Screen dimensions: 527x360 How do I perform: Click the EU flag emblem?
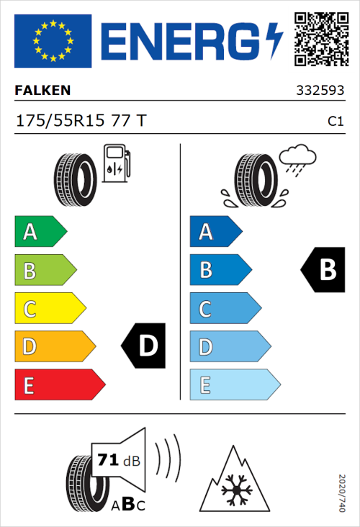(x=53, y=40)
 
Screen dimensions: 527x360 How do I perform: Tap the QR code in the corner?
(x=320, y=37)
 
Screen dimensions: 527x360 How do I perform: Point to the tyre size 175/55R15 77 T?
(x=81, y=121)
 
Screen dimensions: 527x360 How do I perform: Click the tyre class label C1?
(x=335, y=122)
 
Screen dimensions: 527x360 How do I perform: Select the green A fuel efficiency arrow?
(x=40, y=232)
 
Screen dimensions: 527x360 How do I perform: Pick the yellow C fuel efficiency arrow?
(x=50, y=309)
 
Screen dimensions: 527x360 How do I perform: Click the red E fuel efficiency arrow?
(x=59, y=385)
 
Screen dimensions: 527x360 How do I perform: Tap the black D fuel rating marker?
(x=144, y=346)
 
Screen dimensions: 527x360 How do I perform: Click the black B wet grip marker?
(x=323, y=270)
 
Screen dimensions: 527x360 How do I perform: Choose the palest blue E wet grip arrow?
(x=234, y=385)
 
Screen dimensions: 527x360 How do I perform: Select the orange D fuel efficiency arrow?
(x=55, y=347)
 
